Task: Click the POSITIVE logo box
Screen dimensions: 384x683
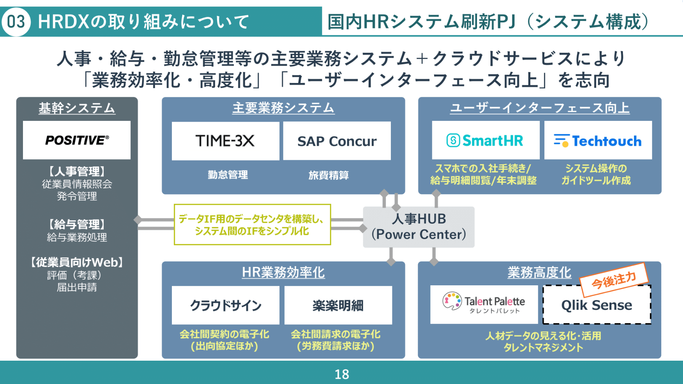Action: pyautogui.click(x=77, y=140)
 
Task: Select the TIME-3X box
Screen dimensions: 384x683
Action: pyautogui.click(x=225, y=141)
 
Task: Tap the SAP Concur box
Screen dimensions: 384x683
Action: pyautogui.click(x=337, y=141)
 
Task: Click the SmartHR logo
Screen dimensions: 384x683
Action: pyautogui.click(x=485, y=140)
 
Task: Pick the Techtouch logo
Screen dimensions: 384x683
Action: pyautogui.click(x=598, y=140)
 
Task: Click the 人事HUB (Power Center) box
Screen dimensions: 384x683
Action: pyautogui.click(x=418, y=227)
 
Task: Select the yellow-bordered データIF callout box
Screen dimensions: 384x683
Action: pyautogui.click(x=252, y=225)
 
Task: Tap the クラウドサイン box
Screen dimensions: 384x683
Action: pyautogui.click(x=225, y=305)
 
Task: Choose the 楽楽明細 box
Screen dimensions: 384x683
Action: pyautogui.click(x=338, y=305)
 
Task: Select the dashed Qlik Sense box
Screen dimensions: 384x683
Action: pyautogui.click(x=596, y=305)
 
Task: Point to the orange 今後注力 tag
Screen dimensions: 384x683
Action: pyautogui.click(x=614, y=280)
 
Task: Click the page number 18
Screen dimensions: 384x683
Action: pyautogui.click(x=341, y=374)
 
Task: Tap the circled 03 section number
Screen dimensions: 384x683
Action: pyautogui.click(x=16, y=21)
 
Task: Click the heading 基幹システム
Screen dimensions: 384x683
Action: pyautogui.click(x=77, y=108)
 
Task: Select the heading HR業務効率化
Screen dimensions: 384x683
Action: pyautogui.click(x=283, y=272)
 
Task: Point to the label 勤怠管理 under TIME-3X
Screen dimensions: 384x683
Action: pyautogui.click(x=228, y=175)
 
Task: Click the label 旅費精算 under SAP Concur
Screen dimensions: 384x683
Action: pyautogui.click(x=328, y=175)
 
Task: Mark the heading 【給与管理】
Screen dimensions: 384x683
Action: pyautogui.click(x=77, y=224)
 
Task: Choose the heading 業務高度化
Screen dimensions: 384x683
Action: pyautogui.click(x=539, y=272)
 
